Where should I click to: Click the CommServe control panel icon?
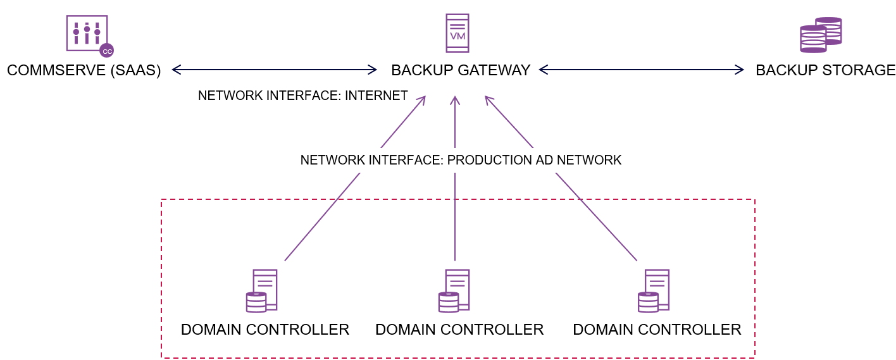tap(87, 33)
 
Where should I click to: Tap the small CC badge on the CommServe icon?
tap(107, 51)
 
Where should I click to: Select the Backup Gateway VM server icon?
tap(457, 33)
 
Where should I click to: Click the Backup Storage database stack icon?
tap(821, 35)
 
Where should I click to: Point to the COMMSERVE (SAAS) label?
tap(84, 70)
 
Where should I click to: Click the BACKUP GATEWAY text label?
tap(461, 70)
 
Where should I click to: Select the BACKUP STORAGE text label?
tap(825, 70)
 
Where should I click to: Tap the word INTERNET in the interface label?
tap(376, 96)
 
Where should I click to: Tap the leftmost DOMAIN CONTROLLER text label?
tap(265, 330)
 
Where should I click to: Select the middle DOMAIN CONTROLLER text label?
tap(459, 330)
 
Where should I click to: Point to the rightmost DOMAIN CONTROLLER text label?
tap(657, 330)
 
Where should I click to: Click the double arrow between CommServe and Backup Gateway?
tap(275, 69)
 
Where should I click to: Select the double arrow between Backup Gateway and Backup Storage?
tap(642, 70)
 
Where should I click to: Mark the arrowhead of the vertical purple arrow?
tap(455, 100)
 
